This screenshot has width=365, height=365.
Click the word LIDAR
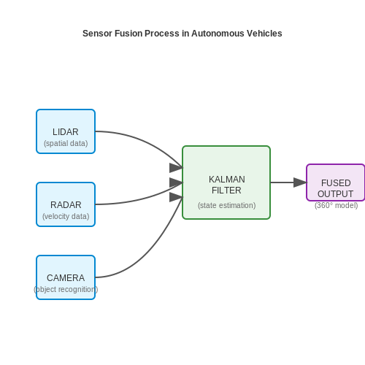[x=66, y=132]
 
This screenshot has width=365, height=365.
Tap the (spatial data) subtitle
[x=66, y=143]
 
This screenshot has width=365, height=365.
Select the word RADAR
[x=66, y=205]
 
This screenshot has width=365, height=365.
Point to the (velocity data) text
[x=66, y=216]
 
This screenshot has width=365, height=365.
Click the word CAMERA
[x=66, y=278]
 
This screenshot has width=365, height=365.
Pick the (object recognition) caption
[x=66, y=289]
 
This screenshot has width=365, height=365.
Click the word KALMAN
[x=227, y=180]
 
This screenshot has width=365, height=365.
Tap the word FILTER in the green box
[x=226, y=191]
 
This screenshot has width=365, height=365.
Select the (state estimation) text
[x=226, y=205]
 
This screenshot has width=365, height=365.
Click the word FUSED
[x=336, y=183]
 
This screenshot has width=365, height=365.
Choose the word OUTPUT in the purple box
[x=335, y=194]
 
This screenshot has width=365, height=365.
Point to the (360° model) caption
[x=336, y=205]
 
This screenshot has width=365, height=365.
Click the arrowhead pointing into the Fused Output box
[x=300, y=182]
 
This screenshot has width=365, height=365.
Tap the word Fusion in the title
[x=128, y=34]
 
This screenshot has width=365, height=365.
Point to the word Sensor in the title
[x=97, y=34]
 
